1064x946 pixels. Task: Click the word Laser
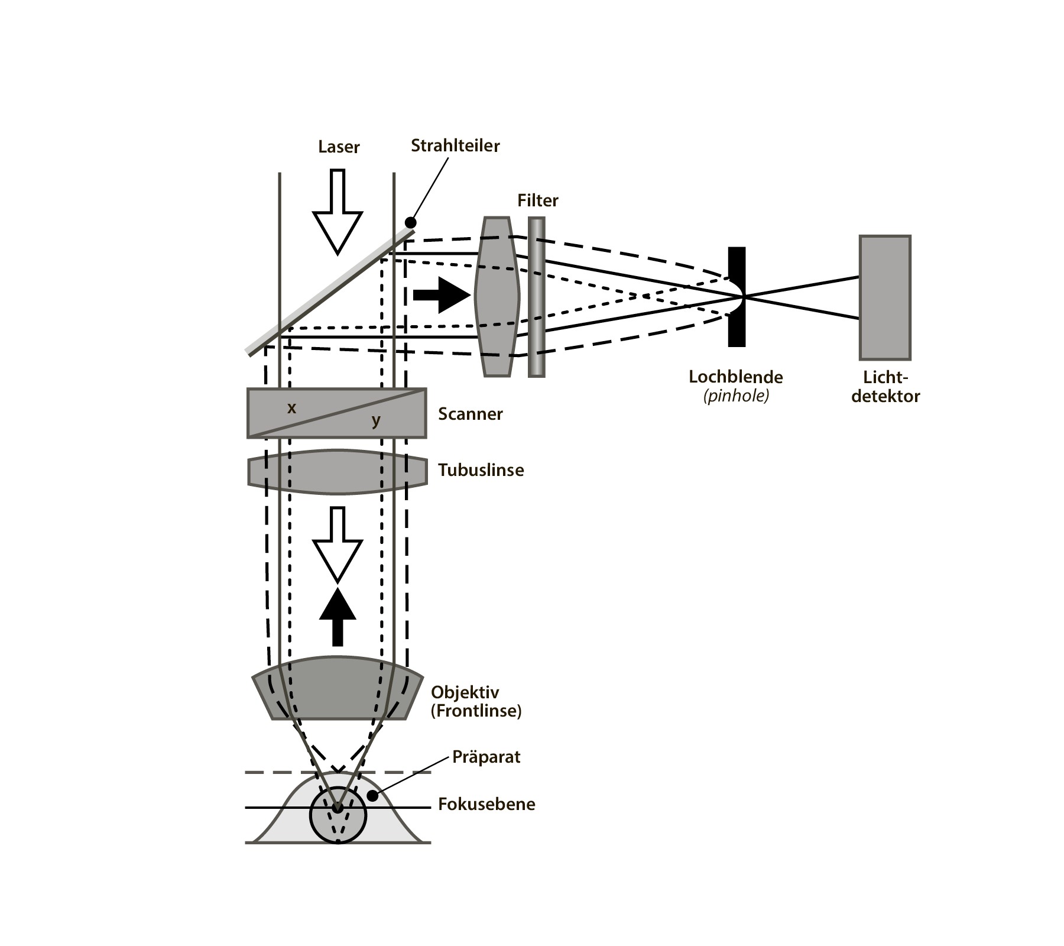tap(339, 147)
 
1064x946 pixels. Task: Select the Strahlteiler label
tap(455, 145)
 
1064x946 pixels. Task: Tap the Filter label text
tap(537, 200)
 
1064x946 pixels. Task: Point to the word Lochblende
tap(735, 377)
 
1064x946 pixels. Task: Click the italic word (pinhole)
tap(737, 396)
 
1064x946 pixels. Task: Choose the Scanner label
tap(471, 414)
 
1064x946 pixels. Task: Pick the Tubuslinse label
tap(481, 470)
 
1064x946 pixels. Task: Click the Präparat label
tap(486, 757)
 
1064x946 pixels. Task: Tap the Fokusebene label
tap(486, 804)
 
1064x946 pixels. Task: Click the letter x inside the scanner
tap(291, 408)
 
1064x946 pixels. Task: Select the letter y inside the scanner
tap(376, 421)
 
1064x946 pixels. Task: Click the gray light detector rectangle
tap(885, 297)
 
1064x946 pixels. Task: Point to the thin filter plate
tap(537, 297)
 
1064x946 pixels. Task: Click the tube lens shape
tap(338, 472)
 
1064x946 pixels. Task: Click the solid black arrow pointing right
tap(442, 294)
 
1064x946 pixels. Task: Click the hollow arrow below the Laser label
tap(338, 212)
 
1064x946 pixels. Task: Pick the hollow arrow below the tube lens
tap(338, 545)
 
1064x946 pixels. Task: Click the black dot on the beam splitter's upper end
tap(410, 222)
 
